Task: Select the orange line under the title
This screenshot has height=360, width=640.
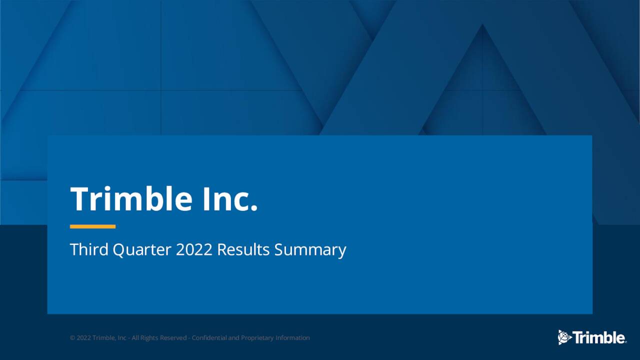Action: click(x=92, y=226)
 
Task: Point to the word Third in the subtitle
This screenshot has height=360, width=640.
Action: click(x=89, y=249)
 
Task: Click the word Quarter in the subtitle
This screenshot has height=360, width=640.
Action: click(x=142, y=249)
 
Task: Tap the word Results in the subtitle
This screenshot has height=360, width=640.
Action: click(x=243, y=249)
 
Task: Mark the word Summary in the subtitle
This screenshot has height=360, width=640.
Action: click(x=310, y=249)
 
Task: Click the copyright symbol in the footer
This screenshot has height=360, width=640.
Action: click(x=72, y=338)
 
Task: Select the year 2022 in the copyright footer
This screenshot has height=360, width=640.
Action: click(x=83, y=338)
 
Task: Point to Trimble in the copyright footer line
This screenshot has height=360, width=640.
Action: click(x=104, y=338)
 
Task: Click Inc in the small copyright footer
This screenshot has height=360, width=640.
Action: click(x=122, y=338)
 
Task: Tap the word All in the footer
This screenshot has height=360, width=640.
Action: click(x=135, y=338)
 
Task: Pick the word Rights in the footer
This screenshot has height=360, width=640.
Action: click(x=149, y=338)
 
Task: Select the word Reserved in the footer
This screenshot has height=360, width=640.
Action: click(x=173, y=338)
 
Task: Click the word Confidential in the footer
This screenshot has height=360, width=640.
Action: click(x=209, y=338)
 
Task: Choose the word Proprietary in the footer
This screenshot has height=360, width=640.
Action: click(x=257, y=338)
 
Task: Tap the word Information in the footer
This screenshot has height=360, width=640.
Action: click(x=292, y=338)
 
